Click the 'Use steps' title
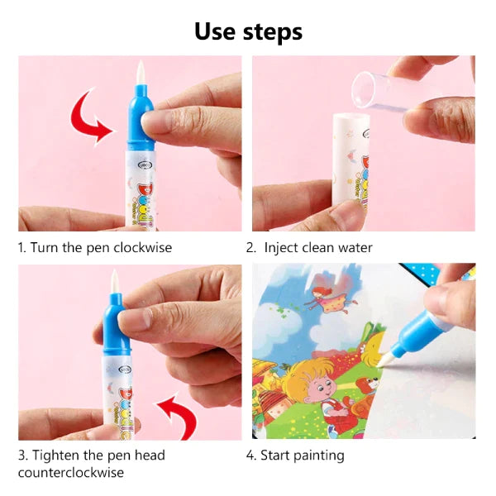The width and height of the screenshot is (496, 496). coord(248,32)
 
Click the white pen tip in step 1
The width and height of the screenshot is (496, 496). coord(141,73)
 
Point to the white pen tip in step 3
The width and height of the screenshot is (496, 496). coord(114,282)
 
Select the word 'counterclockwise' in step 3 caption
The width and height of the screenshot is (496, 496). coord(71,473)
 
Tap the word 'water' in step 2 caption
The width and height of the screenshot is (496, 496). coord(355,248)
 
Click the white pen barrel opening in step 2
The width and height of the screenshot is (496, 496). coord(351,117)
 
